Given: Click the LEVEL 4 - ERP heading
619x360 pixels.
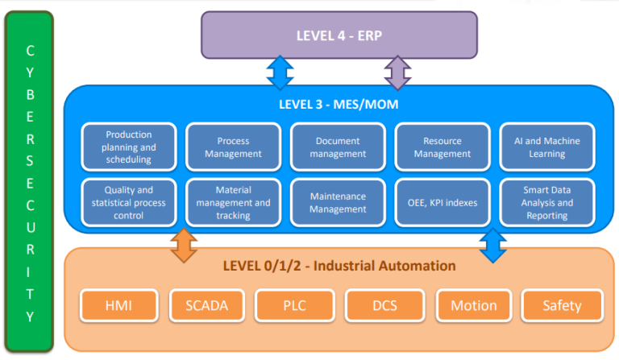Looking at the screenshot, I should (x=339, y=35).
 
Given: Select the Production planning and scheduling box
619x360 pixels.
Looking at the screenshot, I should (x=129, y=147).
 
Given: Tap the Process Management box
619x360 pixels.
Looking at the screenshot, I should (x=234, y=147).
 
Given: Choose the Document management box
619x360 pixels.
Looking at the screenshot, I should (x=339, y=147).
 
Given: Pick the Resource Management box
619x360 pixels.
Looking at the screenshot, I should (x=442, y=147).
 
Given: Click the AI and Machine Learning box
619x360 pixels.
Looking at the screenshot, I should (x=546, y=147).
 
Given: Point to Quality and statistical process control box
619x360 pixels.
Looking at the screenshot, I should (x=129, y=203).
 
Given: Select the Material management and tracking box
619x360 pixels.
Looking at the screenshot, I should (x=234, y=203).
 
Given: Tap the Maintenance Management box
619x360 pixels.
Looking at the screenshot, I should (x=339, y=203).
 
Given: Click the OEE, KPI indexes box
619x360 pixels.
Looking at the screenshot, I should (x=442, y=203).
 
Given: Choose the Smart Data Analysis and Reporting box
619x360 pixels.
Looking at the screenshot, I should (x=546, y=203).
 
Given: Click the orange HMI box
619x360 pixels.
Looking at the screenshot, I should (x=119, y=305).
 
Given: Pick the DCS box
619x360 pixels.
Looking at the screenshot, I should (x=385, y=305).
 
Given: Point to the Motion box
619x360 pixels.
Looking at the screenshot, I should (x=474, y=305).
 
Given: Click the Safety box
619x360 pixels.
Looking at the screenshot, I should (x=563, y=305).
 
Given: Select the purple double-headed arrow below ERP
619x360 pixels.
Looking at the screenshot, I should (x=397, y=72).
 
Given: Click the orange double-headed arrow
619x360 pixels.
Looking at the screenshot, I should (x=184, y=246).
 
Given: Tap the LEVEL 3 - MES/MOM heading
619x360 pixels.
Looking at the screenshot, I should (x=339, y=104).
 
